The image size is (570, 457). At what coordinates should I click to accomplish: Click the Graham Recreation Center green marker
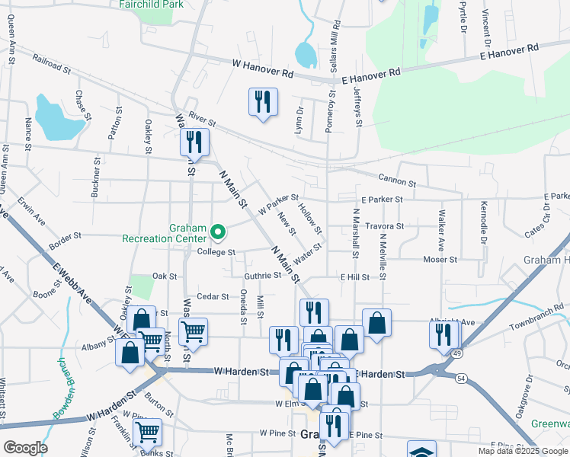click(218, 228)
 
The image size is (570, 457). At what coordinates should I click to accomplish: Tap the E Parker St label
click(382, 200)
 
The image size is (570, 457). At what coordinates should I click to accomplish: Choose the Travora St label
click(384, 226)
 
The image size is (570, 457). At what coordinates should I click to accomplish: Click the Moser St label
click(440, 260)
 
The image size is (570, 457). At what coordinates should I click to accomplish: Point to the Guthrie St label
click(262, 276)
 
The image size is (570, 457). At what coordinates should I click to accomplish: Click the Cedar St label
click(213, 296)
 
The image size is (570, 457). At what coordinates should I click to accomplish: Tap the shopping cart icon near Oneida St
click(193, 331)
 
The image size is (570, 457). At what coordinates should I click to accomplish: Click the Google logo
click(25, 448)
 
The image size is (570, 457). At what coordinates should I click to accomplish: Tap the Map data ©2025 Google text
click(522, 451)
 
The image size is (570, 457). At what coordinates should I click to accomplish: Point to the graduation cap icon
click(421, 450)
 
